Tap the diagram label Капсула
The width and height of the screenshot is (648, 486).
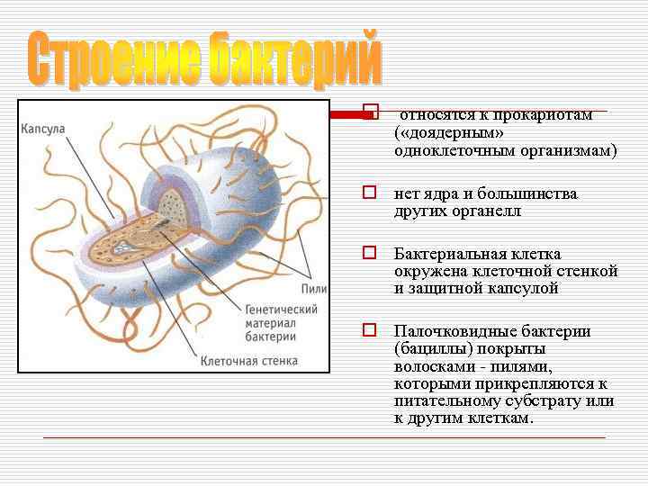[43, 129]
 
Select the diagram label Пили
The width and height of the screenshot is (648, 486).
[315, 288]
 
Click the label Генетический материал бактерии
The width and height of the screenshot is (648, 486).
[281, 323]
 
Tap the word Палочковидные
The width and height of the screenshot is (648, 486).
[450, 331]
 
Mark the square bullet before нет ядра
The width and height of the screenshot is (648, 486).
[368, 192]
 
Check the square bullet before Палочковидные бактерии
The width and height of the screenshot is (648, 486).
[368, 329]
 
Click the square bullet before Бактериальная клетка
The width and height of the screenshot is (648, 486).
[368, 252]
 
